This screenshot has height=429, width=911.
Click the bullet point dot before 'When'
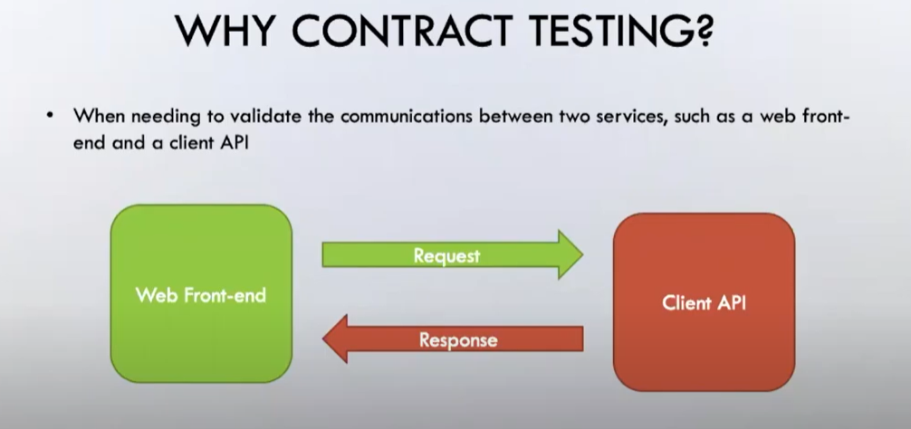52,117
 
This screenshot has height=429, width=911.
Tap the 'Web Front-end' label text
201,295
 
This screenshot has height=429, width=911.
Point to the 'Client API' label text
704,303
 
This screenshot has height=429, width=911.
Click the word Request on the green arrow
446,256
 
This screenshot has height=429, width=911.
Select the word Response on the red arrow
457,340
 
